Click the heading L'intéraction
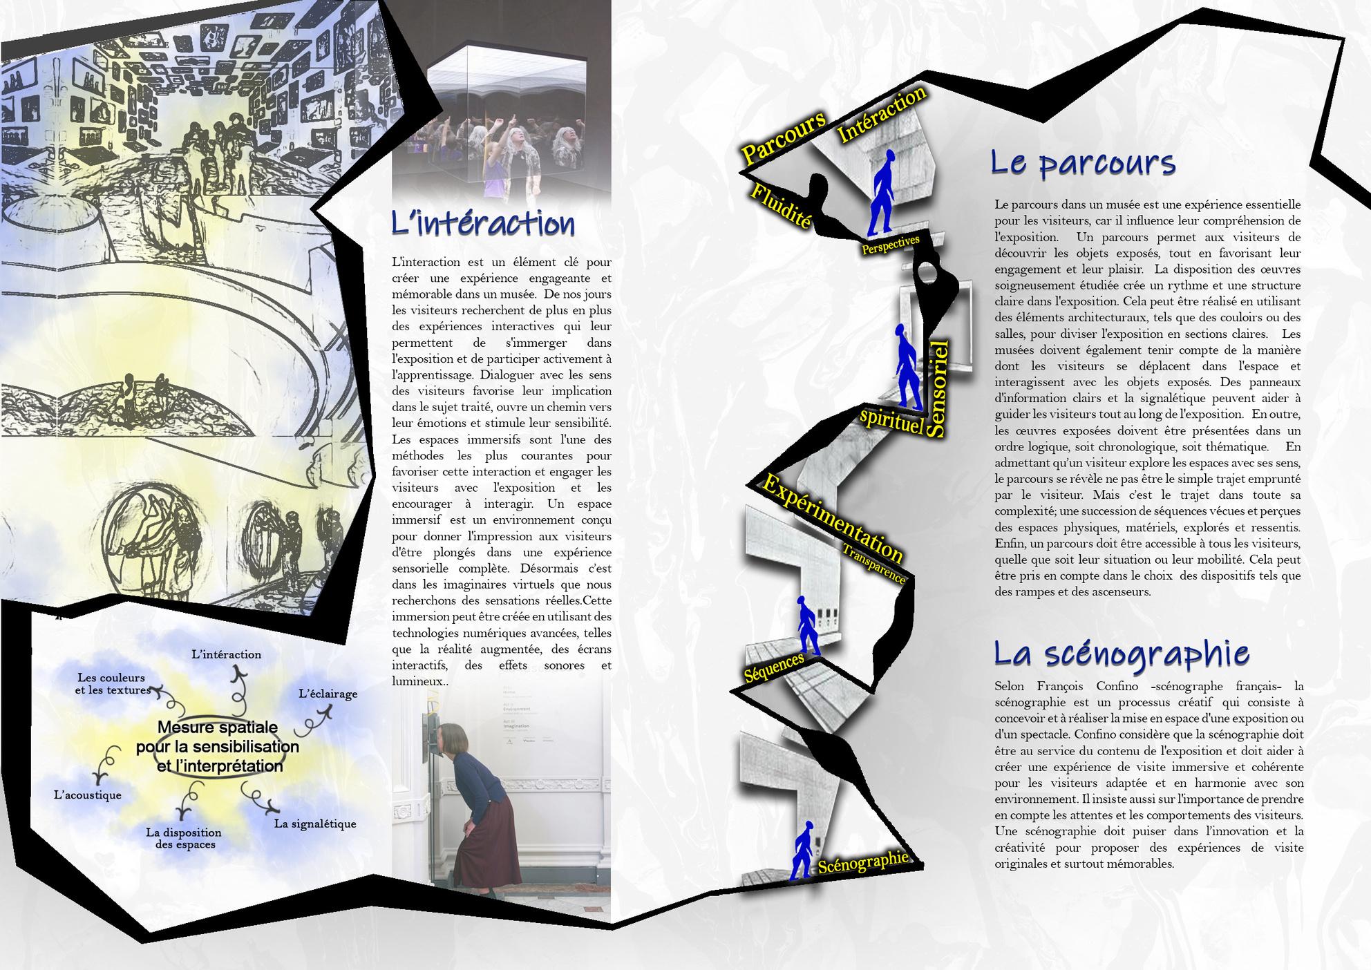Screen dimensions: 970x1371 click(x=483, y=225)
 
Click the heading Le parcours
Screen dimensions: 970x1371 click(x=1083, y=163)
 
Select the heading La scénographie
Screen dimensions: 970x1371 click(x=1121, y=654)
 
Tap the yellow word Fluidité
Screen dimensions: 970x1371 click(x=780, y=206)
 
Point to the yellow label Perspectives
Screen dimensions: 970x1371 click(x=890, y=244)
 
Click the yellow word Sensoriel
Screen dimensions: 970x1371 click(x=937, y=388)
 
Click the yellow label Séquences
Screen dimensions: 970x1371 click(x=774, y=667)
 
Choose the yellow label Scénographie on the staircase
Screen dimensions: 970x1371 click(x=862, y=862)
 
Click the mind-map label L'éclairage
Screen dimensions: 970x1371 click(x=328, y=694)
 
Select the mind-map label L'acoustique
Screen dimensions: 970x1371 click(x=88, y=795)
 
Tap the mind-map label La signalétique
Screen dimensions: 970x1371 click(x=315, y=824)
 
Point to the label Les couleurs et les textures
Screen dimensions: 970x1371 click(x=113, y=684)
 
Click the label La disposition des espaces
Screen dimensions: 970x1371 click(x=183, y=838)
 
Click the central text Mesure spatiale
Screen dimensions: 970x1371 click(x=218, y=727)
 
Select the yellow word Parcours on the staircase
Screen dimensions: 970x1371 click(x=783, y=137)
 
